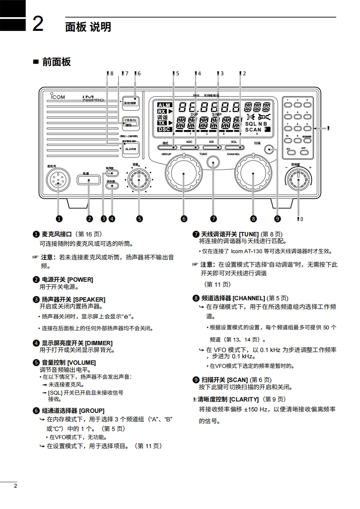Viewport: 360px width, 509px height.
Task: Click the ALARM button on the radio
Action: [x=131, y=149]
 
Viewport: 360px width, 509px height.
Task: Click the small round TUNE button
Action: [x=212, y=163]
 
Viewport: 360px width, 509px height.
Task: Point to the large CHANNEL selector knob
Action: [x=253, y=173]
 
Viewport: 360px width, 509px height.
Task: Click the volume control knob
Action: [x=138, y=180]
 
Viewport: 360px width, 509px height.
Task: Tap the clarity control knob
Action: [x=298, y=179]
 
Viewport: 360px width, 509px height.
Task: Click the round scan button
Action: [x=271, y=150]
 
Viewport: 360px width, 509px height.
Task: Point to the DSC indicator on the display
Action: [x=163, y=129]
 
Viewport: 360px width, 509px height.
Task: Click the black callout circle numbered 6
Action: [x=184, y=219]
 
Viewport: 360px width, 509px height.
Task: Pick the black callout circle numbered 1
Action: [x=58, y=219]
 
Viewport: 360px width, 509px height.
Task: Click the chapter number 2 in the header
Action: [x=38, y=24]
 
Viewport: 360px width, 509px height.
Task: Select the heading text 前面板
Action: [x=56, y=62]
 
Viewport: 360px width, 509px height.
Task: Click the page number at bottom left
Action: [x=15, y=486]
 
